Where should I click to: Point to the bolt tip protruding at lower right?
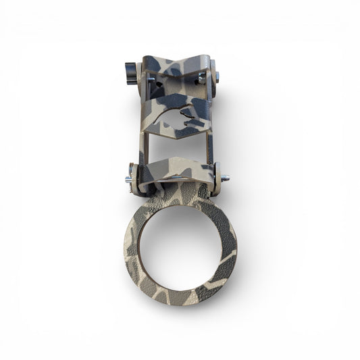tap(225, 178)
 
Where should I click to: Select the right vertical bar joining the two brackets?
tap(211, 145)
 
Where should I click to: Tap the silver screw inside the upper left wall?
tap(156, 88)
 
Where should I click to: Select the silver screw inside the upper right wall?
tap(202, 80)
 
